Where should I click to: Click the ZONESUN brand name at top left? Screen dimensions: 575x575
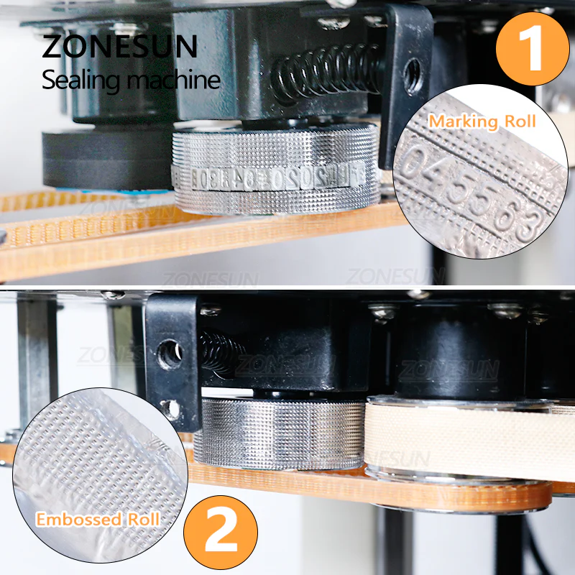[x=119, y=47]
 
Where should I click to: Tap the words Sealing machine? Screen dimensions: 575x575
[x=130, y=80]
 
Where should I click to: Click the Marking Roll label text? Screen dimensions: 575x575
[x=482, y=121]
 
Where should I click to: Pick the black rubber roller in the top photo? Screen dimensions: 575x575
[x=108, y=158]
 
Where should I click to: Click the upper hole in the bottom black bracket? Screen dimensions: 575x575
[x=171, y=355]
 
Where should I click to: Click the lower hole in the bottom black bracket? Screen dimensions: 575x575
[x=171, y=408]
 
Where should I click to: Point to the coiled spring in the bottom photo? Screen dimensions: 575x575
[x=215, y=351]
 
